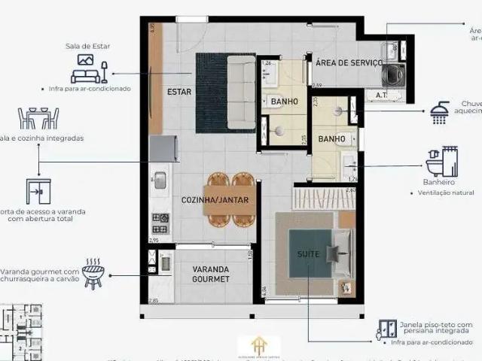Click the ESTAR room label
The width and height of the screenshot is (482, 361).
(179, 93)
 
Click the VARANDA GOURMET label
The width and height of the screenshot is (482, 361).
(211, 273)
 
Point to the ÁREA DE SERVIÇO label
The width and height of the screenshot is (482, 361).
(349, 62)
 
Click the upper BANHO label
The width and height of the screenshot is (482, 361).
(284, 102)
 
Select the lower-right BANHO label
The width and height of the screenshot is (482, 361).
(331, 139)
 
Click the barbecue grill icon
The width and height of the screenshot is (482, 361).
(93, 275)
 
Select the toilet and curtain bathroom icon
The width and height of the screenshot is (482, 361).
(441, 162)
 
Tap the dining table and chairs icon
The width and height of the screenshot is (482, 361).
(38, 118)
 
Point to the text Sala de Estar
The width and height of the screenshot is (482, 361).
(87, 46)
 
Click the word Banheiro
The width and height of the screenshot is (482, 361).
(440, 182)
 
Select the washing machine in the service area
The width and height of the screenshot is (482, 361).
(394, 75)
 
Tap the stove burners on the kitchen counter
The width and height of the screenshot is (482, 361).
(160, 223)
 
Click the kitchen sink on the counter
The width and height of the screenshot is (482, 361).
(160, 180)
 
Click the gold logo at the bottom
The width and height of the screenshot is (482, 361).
(258, 346)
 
